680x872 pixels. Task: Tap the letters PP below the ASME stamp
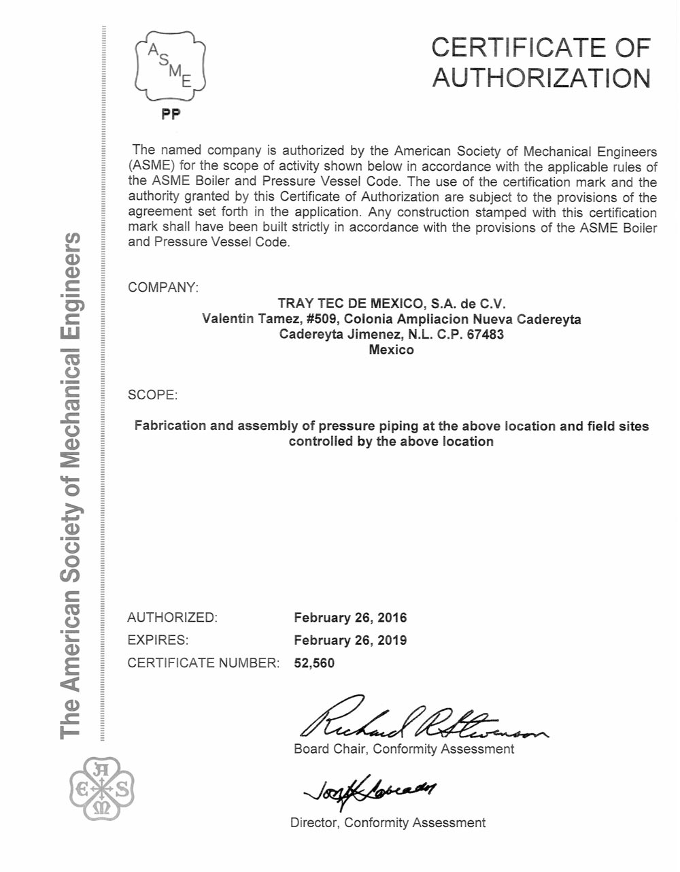(x=171, y=115)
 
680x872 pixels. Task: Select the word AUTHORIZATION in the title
(x=541, y=78)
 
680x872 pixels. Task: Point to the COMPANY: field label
(x=163, y=287)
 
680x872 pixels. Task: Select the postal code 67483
(x=485, y=335)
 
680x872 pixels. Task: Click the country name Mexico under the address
(x=391, y=350)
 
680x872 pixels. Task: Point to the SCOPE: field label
(x=152, y=395)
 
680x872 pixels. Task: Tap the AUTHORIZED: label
(x=172, y=618)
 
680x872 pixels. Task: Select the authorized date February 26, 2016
(x=350, y=618)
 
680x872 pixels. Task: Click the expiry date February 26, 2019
(x=350, y=640)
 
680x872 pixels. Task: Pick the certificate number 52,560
(x=314, y=663)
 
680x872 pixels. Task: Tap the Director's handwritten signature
(x=371, y=789)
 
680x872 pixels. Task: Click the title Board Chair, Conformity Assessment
(x=404, y=749)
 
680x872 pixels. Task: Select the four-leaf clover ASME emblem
(x=102, y=789)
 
